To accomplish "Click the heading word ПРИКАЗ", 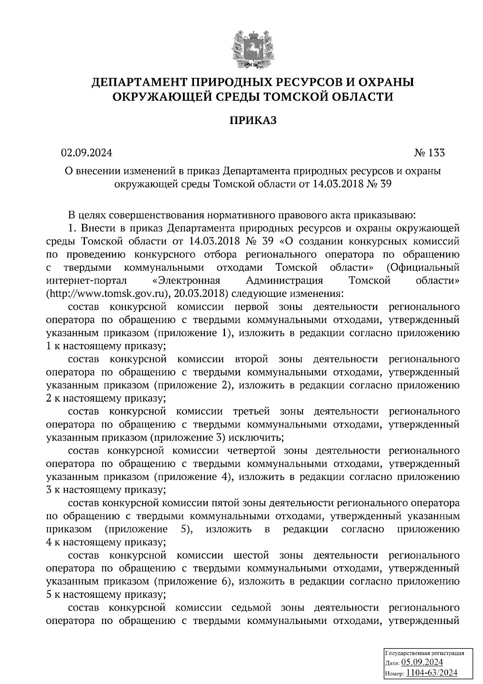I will click(x=253, y=120).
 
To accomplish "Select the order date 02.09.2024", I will click(x=87, y=153).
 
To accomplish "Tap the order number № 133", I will click(x=429, y=153).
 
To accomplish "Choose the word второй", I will click(x=251, y=359).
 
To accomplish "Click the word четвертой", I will click(x=251, y=450).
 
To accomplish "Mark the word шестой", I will click(x=251, y=555).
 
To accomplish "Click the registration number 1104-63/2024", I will click(x=432, y=672).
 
